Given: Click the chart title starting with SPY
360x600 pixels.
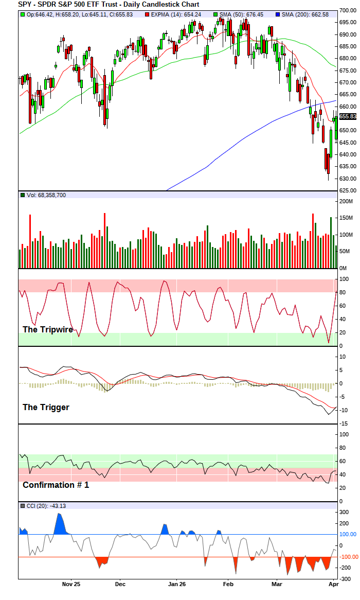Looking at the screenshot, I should (x=109, y=4).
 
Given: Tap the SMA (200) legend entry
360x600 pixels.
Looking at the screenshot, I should (x=303, y=14).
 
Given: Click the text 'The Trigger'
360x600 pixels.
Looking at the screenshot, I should (x=46, y=407).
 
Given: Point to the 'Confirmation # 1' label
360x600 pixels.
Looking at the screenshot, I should (x=56, y=485).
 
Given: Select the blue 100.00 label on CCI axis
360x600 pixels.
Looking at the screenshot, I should (x=348, y=534).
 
